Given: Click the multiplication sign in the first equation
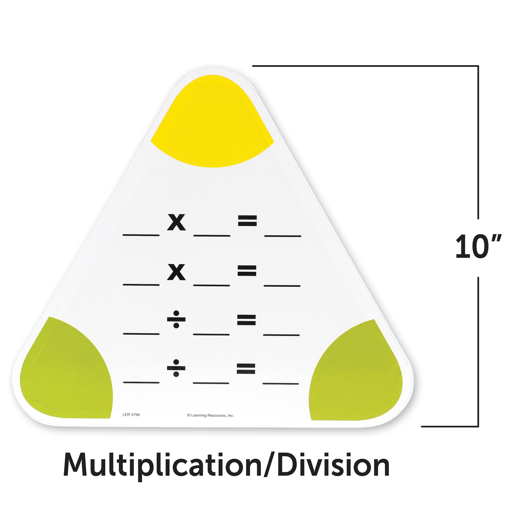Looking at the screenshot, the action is pos(177,222).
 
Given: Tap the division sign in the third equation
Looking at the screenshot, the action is pos(176,320).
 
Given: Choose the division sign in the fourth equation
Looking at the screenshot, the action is pos(176,368).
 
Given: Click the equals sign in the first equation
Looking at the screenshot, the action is pos(247,221).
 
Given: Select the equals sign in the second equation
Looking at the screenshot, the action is pos(247,271).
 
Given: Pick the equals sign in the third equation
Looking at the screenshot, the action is pos(246,320).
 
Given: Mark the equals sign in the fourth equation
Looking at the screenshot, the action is pos(246,368).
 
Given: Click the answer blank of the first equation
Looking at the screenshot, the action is pos(283,236).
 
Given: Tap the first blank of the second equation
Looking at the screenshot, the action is pos(141,285).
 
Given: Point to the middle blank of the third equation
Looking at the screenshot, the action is pos(211,335).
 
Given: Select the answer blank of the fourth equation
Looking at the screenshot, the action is pos(281,384).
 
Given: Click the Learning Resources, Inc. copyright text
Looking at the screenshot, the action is pos(210,416).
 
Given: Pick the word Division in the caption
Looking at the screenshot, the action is pos(333,465).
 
